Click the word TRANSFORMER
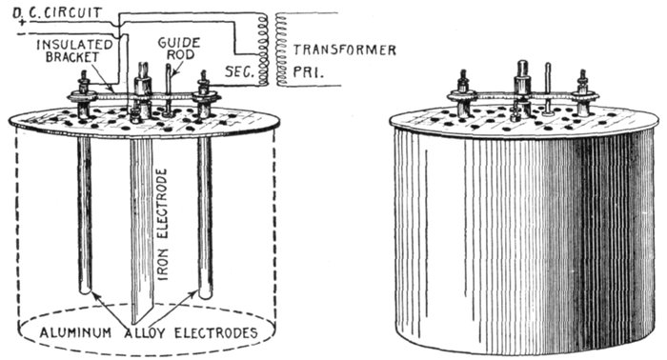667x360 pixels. coord(345,50)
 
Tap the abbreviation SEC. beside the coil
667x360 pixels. coord(239,71)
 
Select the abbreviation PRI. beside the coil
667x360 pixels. coord(308,71)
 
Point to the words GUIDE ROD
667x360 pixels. coord(179,49)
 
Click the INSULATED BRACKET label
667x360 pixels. coord(74,51)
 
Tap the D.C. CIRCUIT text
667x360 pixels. coord(57,12)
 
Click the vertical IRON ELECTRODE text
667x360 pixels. coord(163,225)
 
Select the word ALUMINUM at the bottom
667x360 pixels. coord(75,332)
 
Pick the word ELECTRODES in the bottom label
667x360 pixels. coord(216,332)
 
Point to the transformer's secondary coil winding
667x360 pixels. coord(263,49)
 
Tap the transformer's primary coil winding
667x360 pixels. coord(281,49)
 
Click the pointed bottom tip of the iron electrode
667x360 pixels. coord(135,323)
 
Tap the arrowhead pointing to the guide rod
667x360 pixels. coord(172,73)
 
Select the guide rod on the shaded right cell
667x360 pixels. coord(548,89)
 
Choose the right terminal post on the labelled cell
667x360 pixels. coord(204,95)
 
